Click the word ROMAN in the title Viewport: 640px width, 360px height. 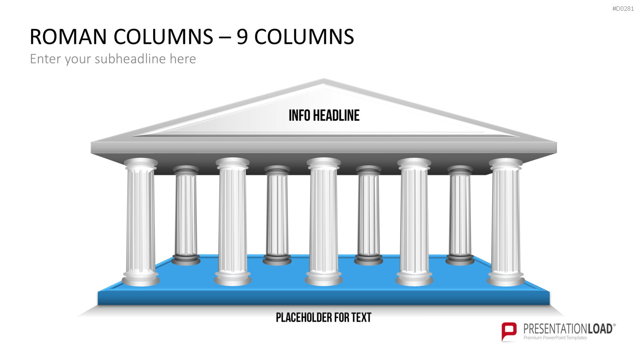point(68,37)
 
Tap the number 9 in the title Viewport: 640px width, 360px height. point(242,37)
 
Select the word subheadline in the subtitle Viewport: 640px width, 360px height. point(130,59)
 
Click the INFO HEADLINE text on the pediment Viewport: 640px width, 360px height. point(324,116)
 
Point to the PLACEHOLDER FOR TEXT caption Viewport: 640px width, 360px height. point(323,317)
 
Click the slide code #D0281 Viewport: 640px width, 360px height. point(623,9)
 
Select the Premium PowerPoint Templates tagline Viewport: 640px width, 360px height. point(555,338)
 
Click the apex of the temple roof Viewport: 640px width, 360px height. point(324,79)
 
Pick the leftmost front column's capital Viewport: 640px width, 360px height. point(140,164)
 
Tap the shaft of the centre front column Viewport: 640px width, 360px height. point(323,220)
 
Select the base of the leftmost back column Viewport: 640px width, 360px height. point(186,259)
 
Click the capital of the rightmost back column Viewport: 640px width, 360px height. point(460,170)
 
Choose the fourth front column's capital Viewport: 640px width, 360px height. point(414,164)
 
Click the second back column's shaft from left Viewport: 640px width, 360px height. point(277,214)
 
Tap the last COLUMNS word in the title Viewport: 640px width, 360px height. point(304,37)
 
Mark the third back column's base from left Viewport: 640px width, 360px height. point(368,259)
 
